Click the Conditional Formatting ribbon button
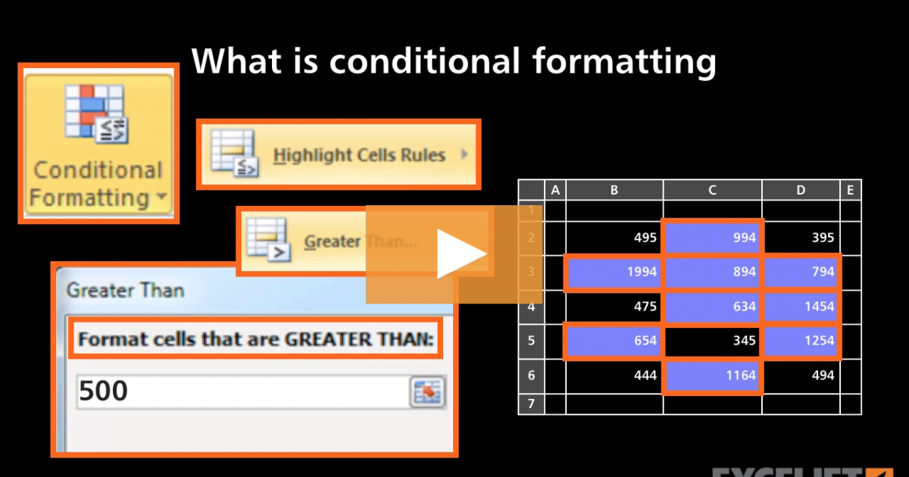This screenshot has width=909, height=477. tap(97, 144)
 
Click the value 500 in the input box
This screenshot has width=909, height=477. tap(104, 391)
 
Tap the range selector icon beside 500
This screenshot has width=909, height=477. tap(427, 392)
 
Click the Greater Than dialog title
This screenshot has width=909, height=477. tap(125, 289)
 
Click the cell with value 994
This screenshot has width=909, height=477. tap(712, 238)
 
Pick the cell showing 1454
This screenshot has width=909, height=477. tap(801, 307)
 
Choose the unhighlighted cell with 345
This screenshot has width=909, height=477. tap(712, 341)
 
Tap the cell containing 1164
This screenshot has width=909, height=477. tap(712, 376)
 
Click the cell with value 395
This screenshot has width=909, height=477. tap(801, 238)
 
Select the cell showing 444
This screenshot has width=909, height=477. tap(614, 376)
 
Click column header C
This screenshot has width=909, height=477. tap(712, 190)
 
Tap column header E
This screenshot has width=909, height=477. tap(850, 190)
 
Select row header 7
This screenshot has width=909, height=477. tap(531, 404)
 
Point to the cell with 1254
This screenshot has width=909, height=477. tap(801, 341)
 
